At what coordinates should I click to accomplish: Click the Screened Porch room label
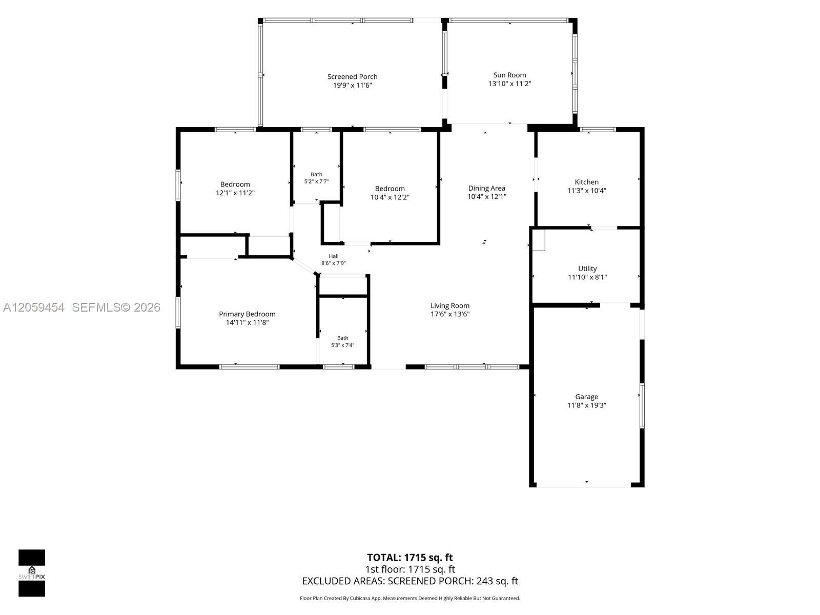352,76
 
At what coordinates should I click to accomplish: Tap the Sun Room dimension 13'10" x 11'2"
509,84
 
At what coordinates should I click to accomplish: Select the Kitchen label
586,182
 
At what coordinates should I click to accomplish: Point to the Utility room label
587,269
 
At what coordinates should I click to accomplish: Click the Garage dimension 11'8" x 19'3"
586,405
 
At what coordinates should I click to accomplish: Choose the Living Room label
450,305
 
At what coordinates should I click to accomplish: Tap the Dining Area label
487,188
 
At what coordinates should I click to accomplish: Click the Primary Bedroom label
247,314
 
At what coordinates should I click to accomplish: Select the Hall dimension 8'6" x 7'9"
334,263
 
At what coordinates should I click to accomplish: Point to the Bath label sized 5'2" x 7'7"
316,174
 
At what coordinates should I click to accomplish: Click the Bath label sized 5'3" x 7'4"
342,338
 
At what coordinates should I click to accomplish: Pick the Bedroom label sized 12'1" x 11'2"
235,184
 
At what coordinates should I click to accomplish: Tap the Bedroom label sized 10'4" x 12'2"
389,189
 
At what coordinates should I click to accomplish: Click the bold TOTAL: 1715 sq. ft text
410,558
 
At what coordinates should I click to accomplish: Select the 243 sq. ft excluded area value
497,581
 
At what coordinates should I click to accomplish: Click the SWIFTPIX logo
32,573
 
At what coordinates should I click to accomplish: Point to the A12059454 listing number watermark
34,307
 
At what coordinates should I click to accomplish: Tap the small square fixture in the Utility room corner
538,240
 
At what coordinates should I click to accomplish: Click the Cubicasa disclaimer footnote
410,598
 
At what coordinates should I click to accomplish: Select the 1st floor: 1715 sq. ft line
410,569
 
